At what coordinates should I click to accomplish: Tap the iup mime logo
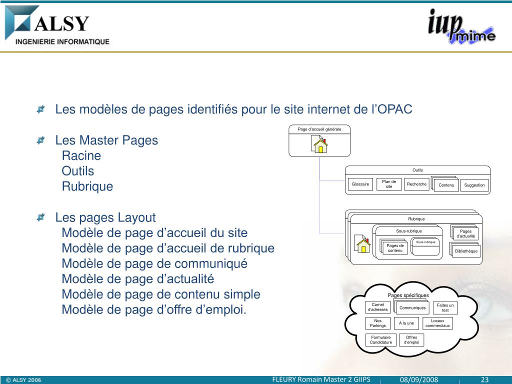(x=461, y=28)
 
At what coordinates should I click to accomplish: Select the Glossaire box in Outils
(x=360, y=184)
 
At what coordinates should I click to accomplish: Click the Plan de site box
(x=389, y=184)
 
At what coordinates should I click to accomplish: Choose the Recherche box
(x=416, y=184)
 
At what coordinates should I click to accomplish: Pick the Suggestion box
(x=474, y=185)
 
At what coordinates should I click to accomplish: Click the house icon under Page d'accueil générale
(x=319, y=145)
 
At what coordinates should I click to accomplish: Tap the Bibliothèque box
(x=466, y=251)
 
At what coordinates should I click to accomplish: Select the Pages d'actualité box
(x=465, y=234)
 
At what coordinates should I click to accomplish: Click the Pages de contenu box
(x=395, y=248)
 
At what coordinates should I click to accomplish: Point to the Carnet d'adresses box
(x=378, y=307)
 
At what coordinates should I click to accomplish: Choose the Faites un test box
(x=445, y=308)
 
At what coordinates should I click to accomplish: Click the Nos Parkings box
(x=378, y=323)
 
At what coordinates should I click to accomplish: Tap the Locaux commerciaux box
(x=437, y=323)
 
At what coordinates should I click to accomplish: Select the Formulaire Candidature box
(x=381, y=340)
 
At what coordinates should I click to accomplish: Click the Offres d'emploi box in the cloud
(x=411, y=340)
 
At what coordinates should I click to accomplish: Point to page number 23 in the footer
(x=484, y=380)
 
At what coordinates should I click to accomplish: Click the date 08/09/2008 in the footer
(x=418, y=380)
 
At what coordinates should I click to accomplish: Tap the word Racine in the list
(x=81, y=155)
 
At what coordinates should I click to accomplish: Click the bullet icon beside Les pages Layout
(x=41, y=217)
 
